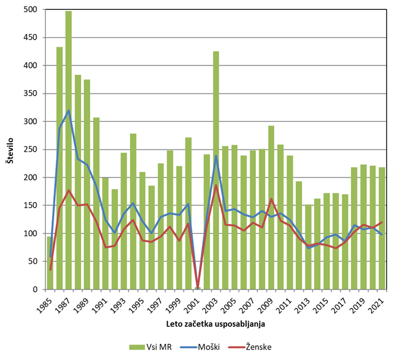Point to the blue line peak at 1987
pos(69,110)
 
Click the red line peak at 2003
pos(216,185)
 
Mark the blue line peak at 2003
pos(216,156)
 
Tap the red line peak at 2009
pos(271,199)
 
